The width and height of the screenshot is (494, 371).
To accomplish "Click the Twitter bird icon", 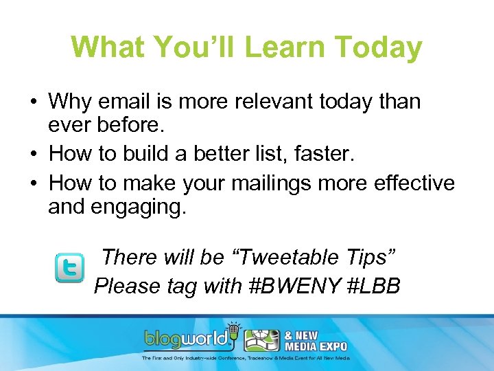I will point(69,269).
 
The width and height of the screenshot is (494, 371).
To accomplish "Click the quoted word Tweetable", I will point(287,257).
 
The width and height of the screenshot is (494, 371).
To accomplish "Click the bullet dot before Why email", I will point(33,102).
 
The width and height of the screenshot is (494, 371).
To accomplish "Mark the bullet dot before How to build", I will point(33,153).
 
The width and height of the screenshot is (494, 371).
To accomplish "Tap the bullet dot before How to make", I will point(33,184).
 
